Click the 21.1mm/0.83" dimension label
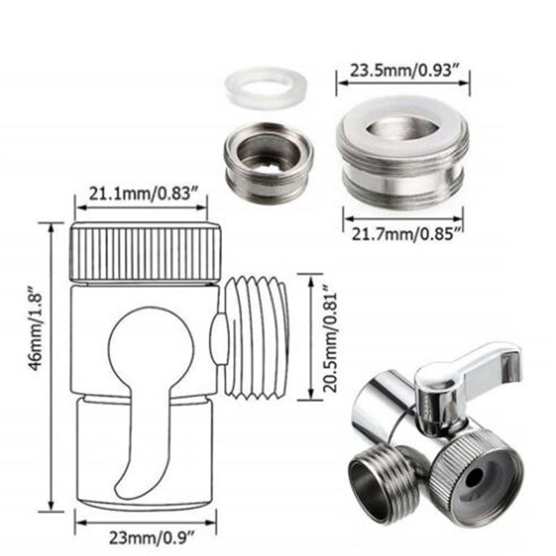[141, 193]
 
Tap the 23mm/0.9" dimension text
[145, 537]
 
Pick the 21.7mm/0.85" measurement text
[403, 234]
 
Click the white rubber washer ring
[263, 85]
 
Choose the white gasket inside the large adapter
[403, 129]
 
